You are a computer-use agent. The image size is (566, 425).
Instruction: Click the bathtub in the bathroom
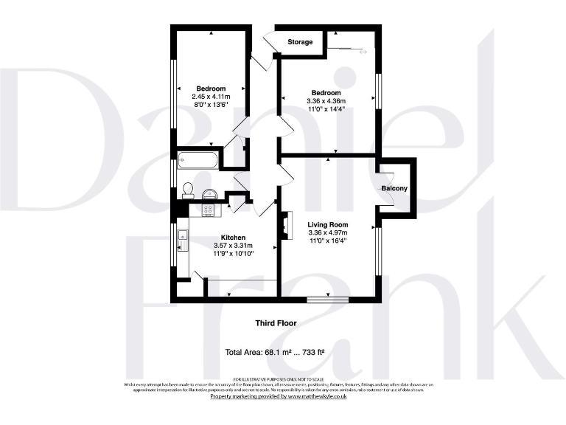[198, 159]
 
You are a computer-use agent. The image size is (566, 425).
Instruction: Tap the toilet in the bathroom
[187, 190]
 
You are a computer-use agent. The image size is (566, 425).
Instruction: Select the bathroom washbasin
[209, 195]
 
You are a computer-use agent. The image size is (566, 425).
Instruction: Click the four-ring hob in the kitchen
[209, 210]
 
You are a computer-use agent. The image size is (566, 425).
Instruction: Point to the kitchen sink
[182, 238]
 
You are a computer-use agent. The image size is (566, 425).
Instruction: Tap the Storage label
[300, 42]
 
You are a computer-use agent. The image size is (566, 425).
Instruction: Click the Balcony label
[394, 188]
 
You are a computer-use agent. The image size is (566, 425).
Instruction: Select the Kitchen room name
[228, 237]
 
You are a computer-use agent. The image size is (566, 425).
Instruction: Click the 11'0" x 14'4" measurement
[326, 109]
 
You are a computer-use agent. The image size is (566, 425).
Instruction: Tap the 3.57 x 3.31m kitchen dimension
[232, 246]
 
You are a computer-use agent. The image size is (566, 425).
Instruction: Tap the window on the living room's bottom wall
[327, 299]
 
